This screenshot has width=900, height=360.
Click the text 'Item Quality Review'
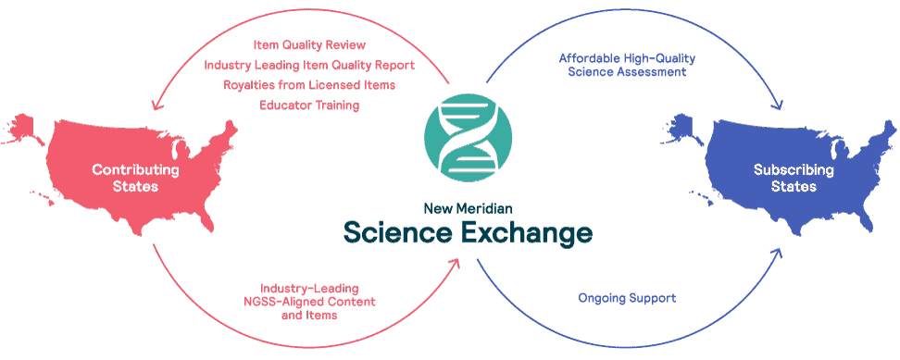309,44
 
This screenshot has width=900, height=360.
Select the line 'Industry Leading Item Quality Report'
309,65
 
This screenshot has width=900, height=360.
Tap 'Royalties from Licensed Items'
309,85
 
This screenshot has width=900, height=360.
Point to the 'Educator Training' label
309,106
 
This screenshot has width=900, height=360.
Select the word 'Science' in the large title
394,231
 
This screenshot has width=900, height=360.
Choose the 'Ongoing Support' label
627,298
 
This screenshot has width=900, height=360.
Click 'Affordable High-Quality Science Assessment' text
627,65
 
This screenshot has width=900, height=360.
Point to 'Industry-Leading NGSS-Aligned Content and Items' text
309,302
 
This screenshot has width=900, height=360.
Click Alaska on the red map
23,125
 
